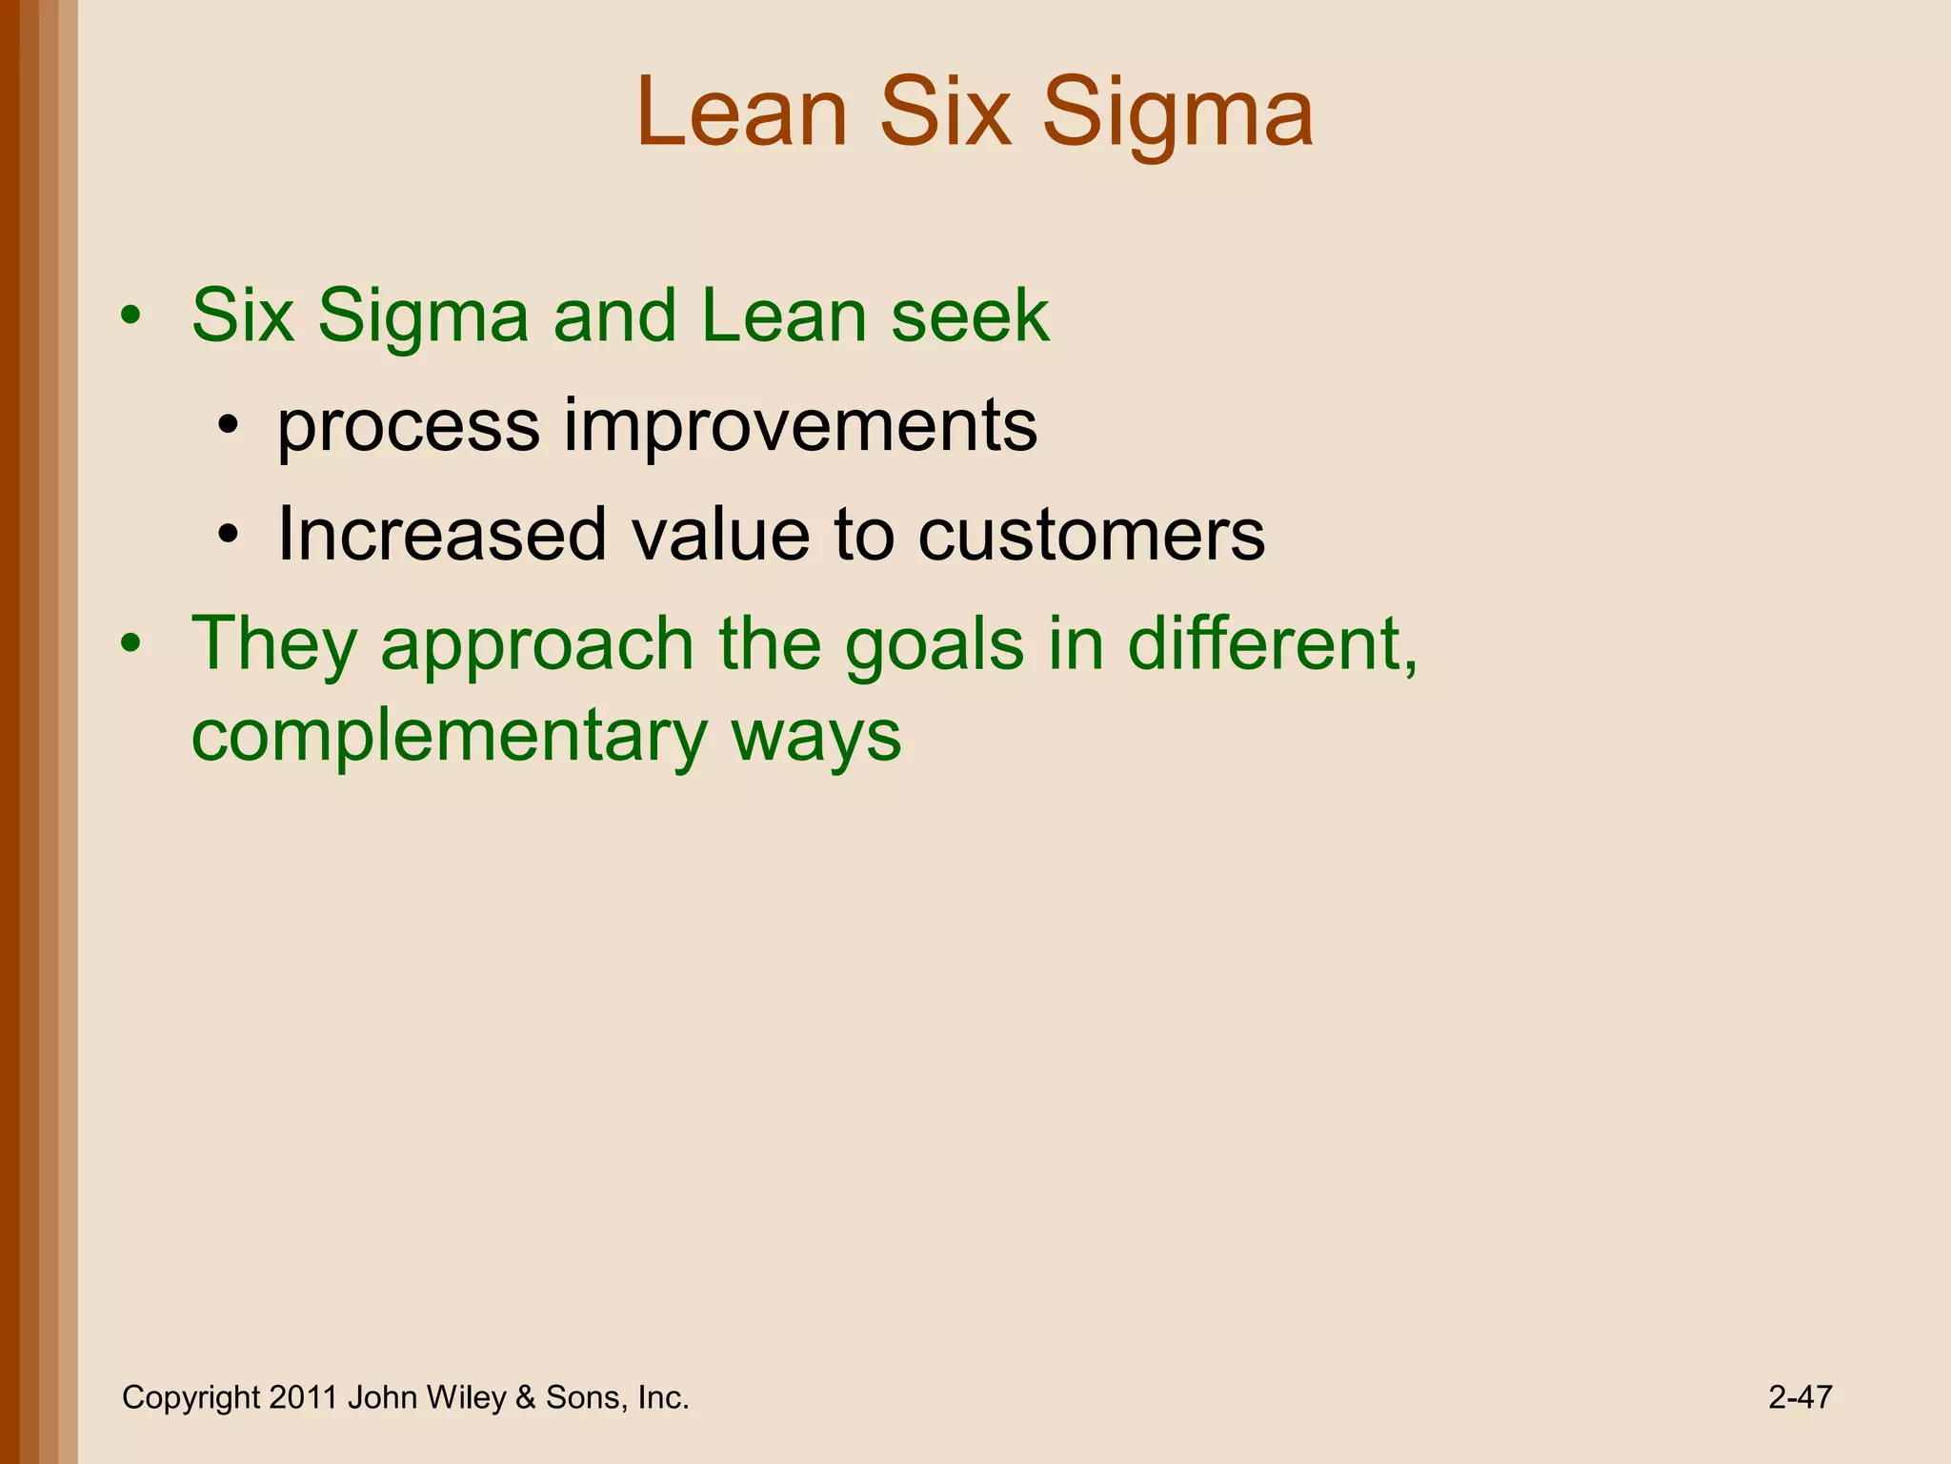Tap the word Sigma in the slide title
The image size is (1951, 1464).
point(1177,116)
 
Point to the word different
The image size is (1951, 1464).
point(1273,644)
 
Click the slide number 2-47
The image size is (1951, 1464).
point(1800,1397)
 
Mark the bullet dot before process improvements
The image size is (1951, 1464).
point(227,427)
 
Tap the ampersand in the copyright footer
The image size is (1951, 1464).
point(525,1397)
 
